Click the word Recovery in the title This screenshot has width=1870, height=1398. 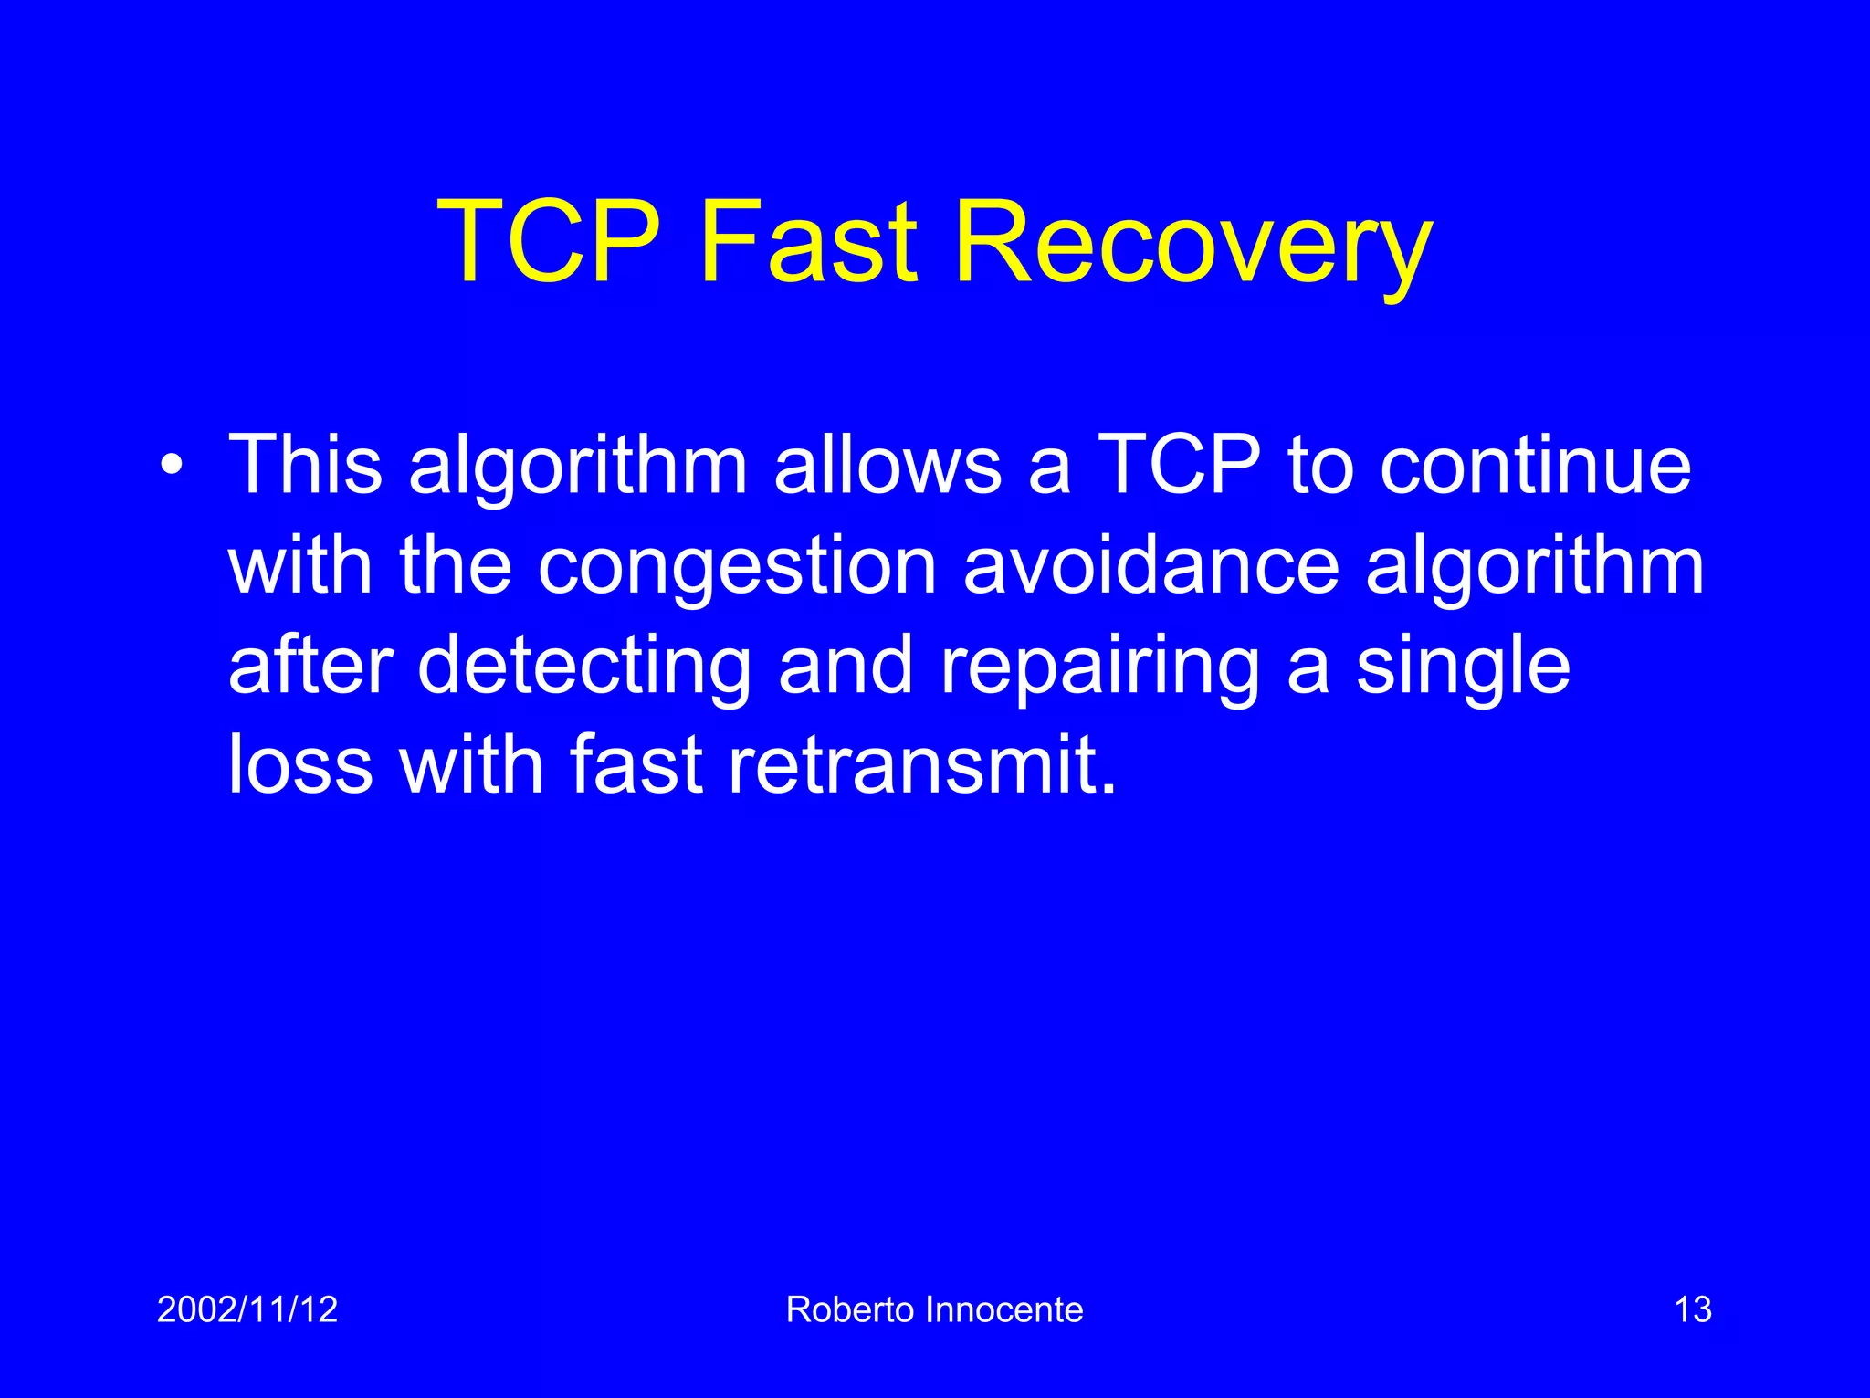(x=1192, y=244)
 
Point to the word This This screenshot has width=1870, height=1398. (x=305, y=465)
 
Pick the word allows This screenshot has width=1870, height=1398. (x=888, y=465)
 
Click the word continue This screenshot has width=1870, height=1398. (x=1535, y=465)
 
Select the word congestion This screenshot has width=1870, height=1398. (x=737, y=567)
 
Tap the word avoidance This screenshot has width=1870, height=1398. (x=1151, y=565)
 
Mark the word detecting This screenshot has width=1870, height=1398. (x=584, y=667)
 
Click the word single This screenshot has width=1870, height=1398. (x=1463, y=667)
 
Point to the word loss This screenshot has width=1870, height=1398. (x=300, y=764)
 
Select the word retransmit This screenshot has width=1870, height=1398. (x=922, y=764)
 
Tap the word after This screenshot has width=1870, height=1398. (x=310, y=666)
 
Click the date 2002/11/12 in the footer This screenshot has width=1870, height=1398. (x=247, y=1309)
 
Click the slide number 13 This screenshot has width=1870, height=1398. (x=1692, y=1309)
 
